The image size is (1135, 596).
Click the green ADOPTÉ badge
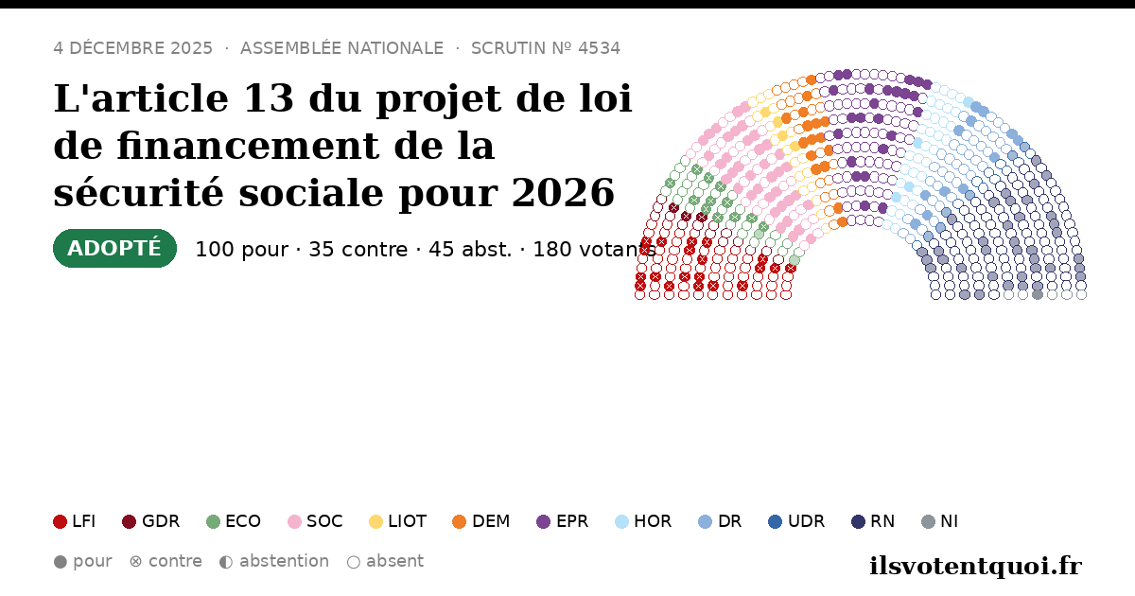point(114,248)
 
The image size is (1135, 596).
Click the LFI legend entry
point(75,521)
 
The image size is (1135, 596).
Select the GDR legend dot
point(130,521)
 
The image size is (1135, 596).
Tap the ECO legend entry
point(234,521)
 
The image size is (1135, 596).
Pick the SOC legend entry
point(315,521)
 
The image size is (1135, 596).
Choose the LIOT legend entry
point(398,521)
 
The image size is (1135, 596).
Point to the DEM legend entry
point(480,521)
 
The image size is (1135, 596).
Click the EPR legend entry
point(563,521)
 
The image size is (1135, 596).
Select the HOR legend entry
point(643,521)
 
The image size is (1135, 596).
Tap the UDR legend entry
point(796,521)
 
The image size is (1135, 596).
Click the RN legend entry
point(873,521)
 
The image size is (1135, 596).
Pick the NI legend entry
point(940,521)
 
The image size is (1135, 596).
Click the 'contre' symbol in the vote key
point(136,562)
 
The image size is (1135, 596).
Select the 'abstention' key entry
point(274,562)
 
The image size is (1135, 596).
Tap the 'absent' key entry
point(385,562)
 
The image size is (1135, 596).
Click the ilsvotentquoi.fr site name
point(975,566)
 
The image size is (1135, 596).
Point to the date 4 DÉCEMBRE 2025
point(132,48)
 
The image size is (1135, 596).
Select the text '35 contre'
point(358,250)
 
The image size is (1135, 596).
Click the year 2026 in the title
point(563,193)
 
